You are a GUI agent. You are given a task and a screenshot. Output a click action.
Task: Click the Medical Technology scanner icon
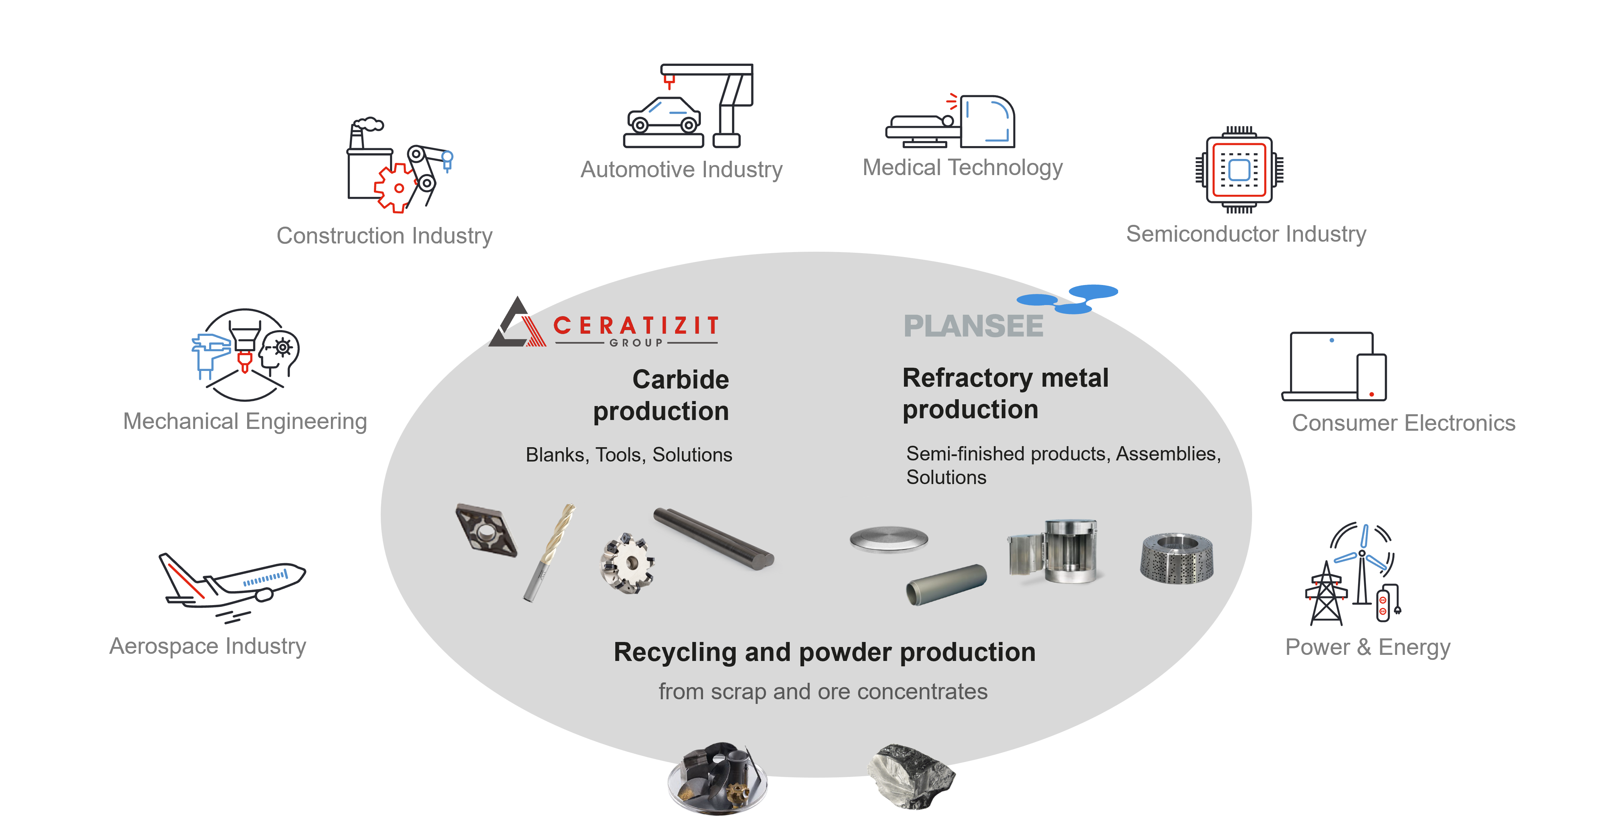[x=951, y=122]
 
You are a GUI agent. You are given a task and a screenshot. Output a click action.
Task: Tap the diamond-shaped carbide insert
[x=486, y=530]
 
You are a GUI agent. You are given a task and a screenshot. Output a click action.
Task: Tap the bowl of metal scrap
[x=717, y=779]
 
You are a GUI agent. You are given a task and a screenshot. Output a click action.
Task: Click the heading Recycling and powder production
[x=824, y=652]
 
